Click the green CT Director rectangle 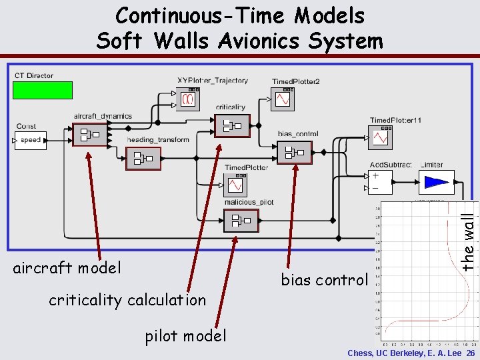pyautogui.click(x=43, y=90)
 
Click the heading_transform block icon pyautogui.click(x=143, y=158)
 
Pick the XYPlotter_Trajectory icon pyautogui.click(x=188, y=99)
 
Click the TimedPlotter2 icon pyautogui.click(x=283, y=99)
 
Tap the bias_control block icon pyautogui.click(x=293, y=153)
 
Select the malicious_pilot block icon pyautogui.click(x=240, y=219)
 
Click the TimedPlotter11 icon pyautogui.click(x=380, y=137)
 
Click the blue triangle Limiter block pyautogui.click(x=437, y=182)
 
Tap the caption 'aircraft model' pyautogui.click(x=67, y=268)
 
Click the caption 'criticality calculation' pyautogui.click(x=127, y=300)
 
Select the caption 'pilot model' pyautogui.click(x=186, y=336)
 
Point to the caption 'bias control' pyautogui.click(x=324, y=280)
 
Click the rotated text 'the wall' pyautogui.click(x=469, y=237)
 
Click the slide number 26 pyautogui.click(x=471, y=353)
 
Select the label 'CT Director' pyautogui.click(x=34, y=76)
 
